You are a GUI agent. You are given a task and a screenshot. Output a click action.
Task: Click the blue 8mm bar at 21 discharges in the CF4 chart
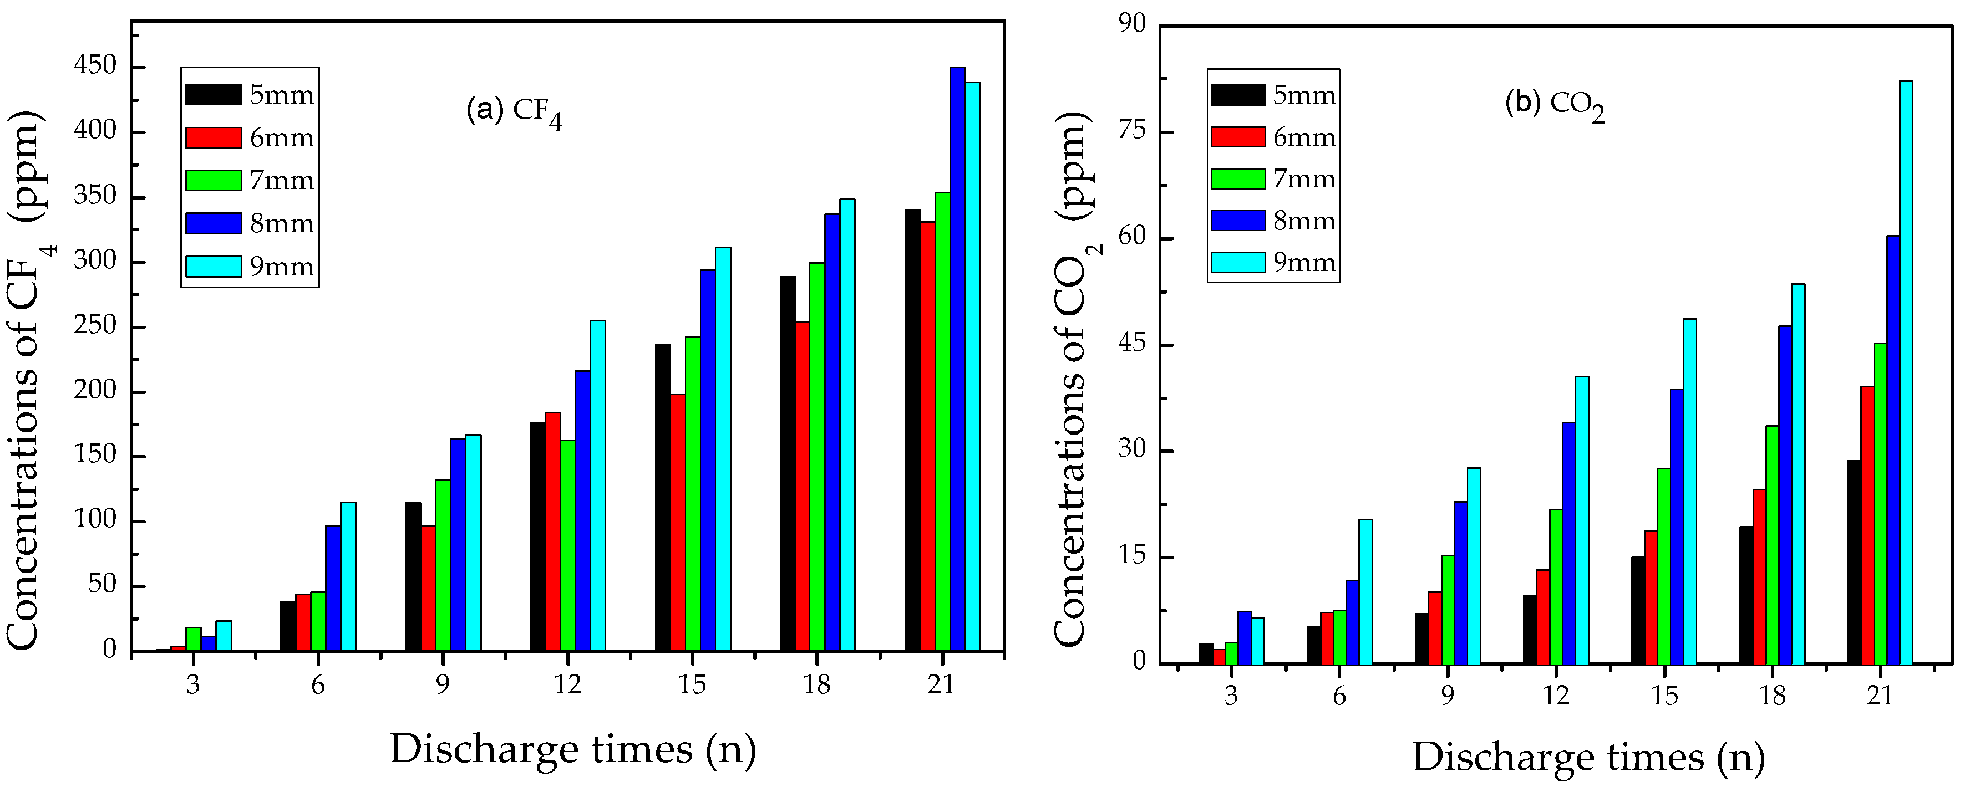click(x=957, y=360)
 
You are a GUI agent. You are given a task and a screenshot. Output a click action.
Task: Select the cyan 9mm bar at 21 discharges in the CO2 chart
click(x=1905, y=372)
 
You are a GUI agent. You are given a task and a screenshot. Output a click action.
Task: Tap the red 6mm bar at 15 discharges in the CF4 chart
click(x=678, y=523)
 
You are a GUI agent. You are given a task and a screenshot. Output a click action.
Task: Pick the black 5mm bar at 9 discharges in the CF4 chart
click(x=413, y=576)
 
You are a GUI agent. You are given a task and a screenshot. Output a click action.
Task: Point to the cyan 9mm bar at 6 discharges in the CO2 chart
click(x=1365, y=591)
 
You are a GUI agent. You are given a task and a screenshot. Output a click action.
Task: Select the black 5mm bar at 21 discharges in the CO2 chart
click(x=1854, y=561)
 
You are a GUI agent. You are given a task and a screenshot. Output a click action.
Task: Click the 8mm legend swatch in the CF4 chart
click(x=213, y=223)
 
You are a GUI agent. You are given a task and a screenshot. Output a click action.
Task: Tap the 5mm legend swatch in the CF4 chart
click(x=213, y=94)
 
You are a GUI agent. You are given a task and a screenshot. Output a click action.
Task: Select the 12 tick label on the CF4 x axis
click(x=567, y=685)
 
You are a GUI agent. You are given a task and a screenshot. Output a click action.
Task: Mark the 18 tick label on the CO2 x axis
click(x=1772, y=696)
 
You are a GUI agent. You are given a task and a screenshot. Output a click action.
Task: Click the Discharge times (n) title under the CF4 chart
click(x=573, y=749)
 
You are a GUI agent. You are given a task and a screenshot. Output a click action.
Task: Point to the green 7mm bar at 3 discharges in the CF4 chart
click(x=193, y=639)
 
